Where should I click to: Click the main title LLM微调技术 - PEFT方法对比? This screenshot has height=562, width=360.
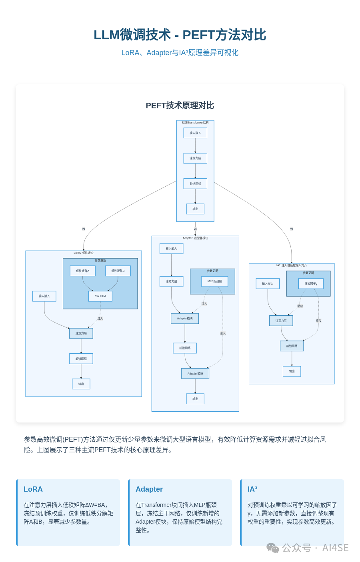[180, 35]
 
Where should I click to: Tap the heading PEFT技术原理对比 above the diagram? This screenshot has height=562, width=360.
[180, 106]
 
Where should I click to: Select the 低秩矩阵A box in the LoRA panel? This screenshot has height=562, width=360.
[83, 271]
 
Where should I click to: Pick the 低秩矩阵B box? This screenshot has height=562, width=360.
[118, 271]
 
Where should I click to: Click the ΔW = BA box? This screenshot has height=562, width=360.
[100, 296]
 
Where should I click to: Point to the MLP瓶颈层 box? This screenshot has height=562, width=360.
[215, 281]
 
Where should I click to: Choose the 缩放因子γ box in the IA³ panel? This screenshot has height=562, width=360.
[311, 284]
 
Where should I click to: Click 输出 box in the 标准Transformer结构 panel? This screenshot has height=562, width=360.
[195, 209]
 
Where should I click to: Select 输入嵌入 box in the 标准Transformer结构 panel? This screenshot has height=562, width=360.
[195, 133]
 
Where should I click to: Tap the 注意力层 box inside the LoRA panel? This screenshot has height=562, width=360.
[81, 333]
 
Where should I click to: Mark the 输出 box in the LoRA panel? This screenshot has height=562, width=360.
[81, 384]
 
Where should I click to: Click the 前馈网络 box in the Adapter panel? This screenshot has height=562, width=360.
[185, 348]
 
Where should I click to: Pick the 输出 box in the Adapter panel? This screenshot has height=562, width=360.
[195, 399]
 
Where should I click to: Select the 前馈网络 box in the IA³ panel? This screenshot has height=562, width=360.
[292, 346]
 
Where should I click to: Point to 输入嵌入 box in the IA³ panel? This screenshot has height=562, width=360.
[268, 284]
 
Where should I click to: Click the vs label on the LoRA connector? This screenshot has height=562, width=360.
[84, 229]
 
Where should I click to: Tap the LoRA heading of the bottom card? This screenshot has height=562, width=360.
[33, 489]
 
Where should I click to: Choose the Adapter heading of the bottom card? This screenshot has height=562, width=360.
[149, 489]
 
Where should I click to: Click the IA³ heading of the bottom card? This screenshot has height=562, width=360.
[252, 489]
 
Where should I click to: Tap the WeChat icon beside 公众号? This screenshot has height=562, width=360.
[273, 548]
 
